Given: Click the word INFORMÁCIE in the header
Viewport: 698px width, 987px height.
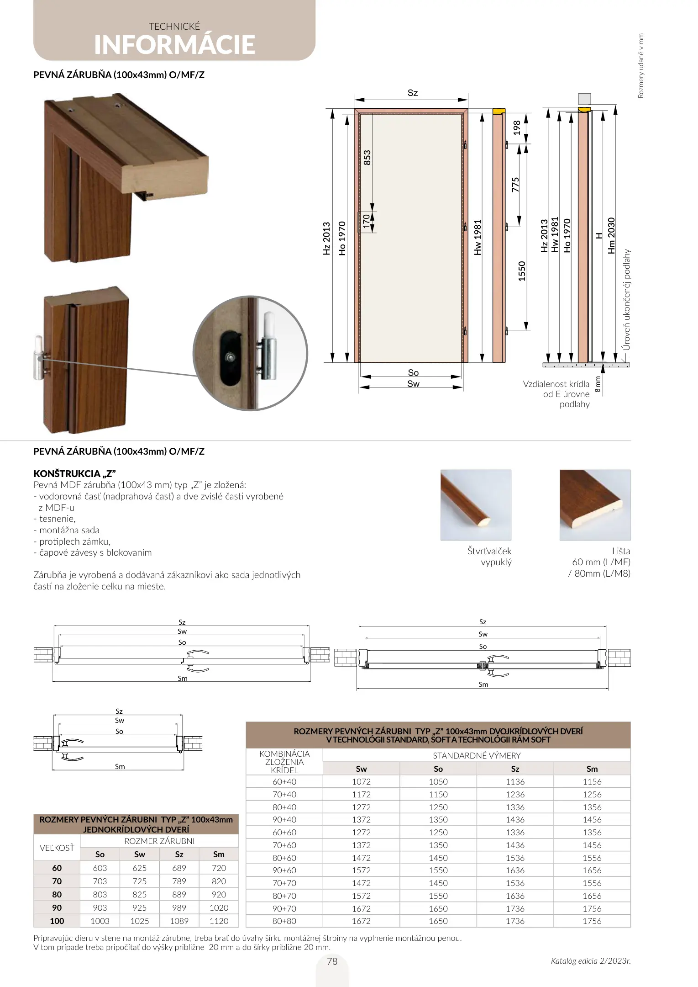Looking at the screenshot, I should coord(174,45).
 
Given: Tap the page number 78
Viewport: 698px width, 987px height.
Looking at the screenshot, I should coord(332,961).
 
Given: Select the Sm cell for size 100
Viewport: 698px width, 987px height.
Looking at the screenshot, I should coord(219,921).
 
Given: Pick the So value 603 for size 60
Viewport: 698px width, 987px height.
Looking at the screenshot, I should coord(100,868).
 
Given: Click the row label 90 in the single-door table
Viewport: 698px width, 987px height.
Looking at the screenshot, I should coord(57,907).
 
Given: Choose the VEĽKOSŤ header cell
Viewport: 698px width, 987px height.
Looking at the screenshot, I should coord(57,848).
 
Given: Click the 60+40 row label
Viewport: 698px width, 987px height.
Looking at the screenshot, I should coord(284,782).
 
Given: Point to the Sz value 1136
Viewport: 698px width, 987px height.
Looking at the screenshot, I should coord(515,782).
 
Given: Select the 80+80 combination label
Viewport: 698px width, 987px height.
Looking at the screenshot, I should coord(284,921).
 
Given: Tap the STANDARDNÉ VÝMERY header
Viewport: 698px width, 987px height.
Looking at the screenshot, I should coord(477,756).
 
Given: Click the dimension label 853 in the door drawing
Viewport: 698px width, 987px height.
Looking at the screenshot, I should coord(367,158).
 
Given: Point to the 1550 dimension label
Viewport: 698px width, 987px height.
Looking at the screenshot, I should coord(522,271).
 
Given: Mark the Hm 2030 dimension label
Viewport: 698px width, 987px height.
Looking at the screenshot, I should coord(612,236).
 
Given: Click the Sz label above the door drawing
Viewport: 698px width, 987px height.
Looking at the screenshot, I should coord(413,93).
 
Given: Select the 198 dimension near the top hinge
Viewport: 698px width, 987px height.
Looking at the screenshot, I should coord(517,127).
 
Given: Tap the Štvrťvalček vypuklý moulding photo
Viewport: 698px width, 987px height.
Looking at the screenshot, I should coord(476,505).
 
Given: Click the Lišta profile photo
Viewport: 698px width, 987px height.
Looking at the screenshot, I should coord(595,505).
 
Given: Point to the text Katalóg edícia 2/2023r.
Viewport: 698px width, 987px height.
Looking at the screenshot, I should coord(590,961).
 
